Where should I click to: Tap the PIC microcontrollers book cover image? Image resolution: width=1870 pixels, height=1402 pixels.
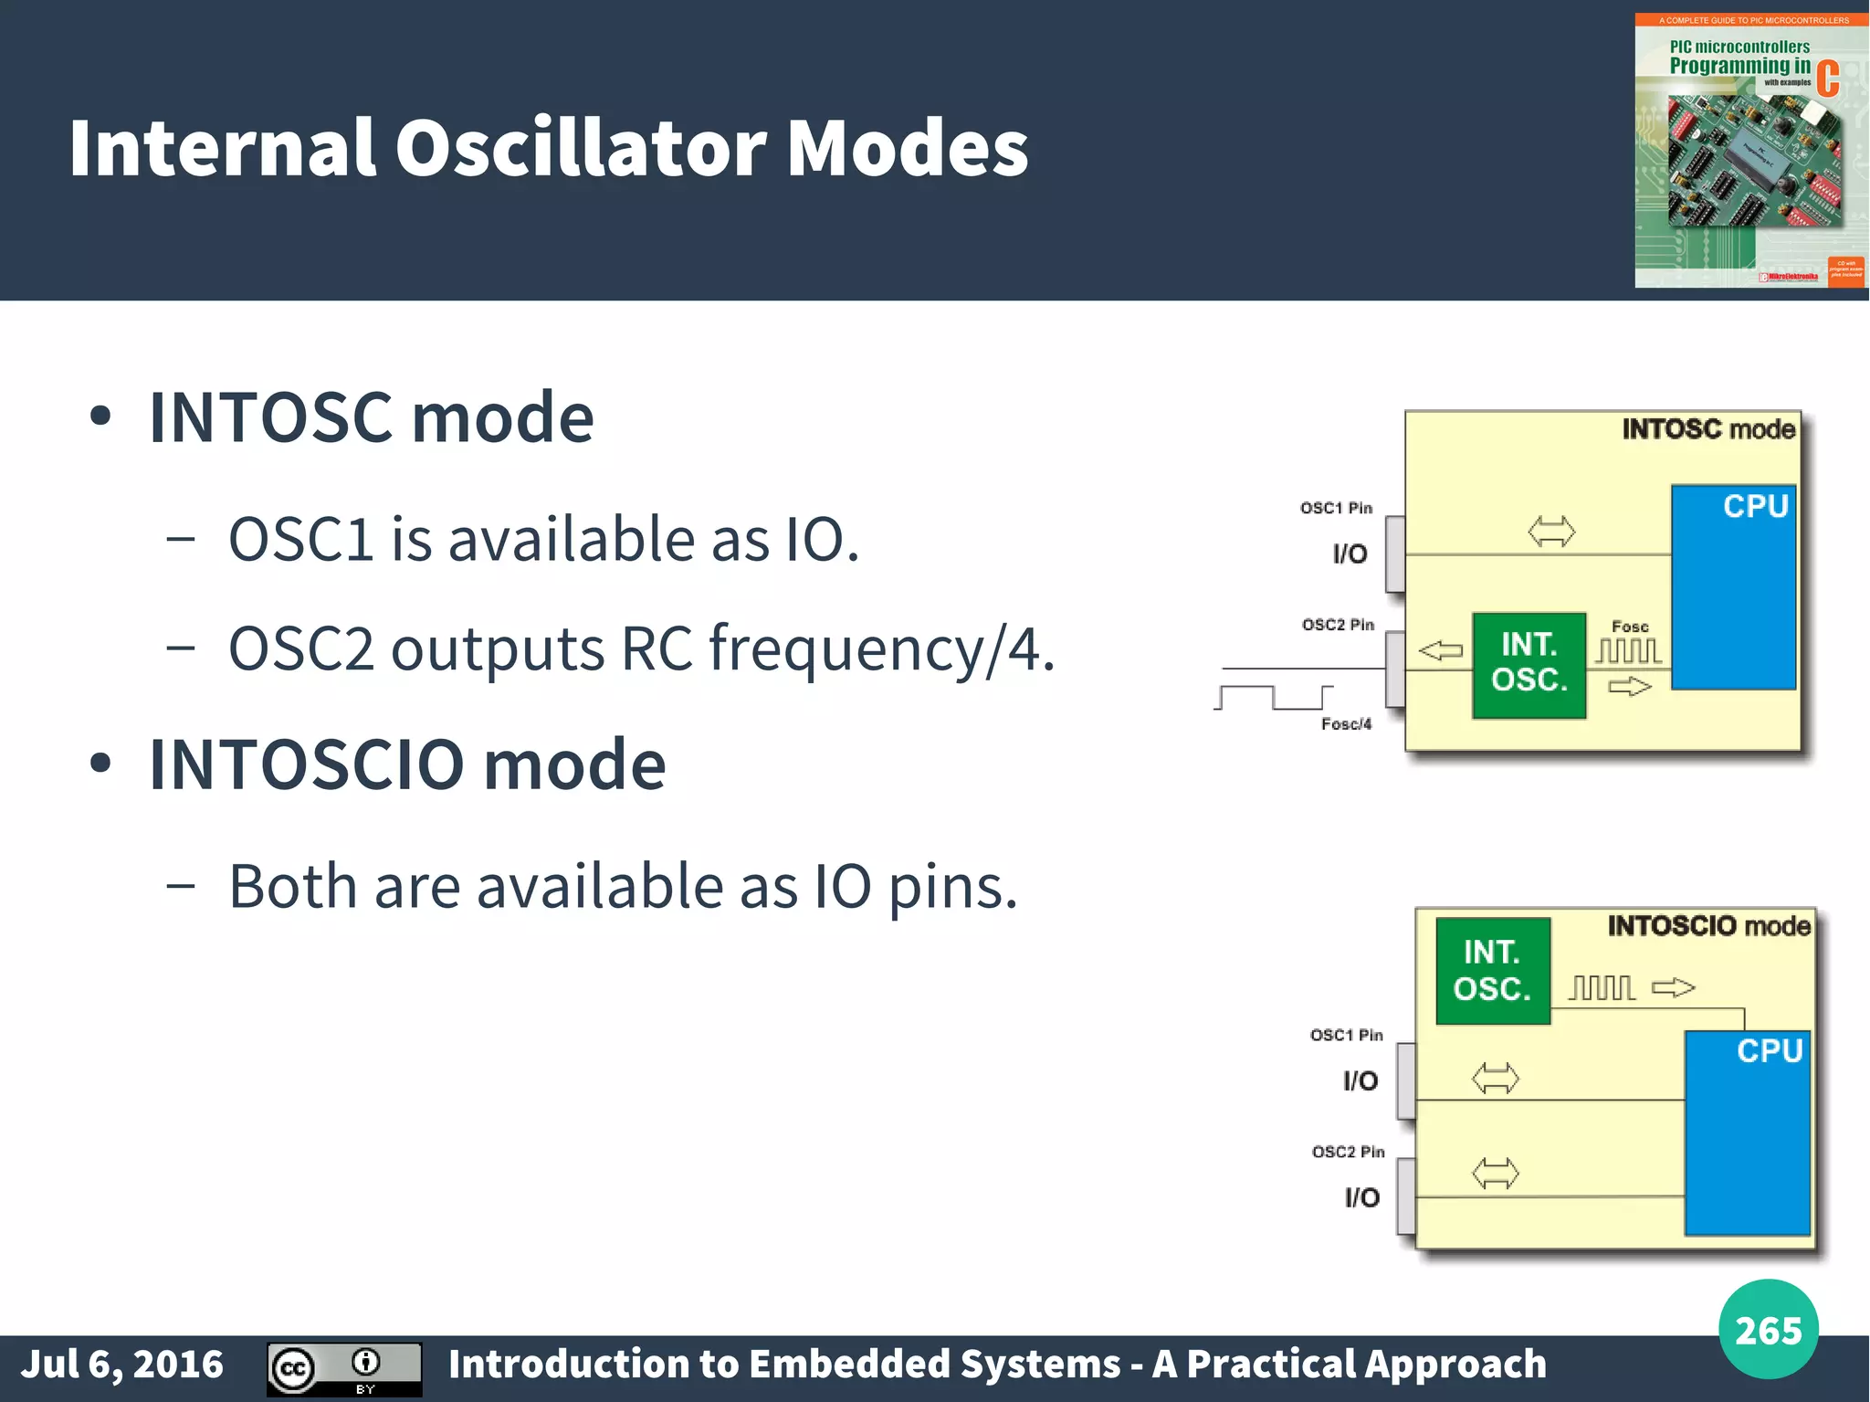click(x=1749, y=151)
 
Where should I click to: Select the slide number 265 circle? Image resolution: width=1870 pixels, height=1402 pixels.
click(x=1768, y=1330)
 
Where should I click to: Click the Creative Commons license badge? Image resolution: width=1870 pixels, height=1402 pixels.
click(x=344, y=1368)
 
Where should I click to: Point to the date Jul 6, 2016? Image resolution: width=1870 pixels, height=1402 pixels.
click(x=122, y=1365)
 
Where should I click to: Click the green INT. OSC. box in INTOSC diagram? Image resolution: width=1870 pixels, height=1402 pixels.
click(x=1529, y=665)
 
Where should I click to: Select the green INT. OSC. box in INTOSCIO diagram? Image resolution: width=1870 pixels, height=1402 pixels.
click(x=1492, y=971)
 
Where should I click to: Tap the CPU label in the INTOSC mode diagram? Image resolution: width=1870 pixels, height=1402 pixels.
click(x=1755, y=506)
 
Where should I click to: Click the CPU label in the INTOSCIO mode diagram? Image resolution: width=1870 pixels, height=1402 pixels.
click(x=1769, y=1051)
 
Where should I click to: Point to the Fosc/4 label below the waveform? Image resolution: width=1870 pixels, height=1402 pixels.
click(x=1346, y=724)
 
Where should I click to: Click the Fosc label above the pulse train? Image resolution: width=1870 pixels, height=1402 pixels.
click(x=1630, y=627)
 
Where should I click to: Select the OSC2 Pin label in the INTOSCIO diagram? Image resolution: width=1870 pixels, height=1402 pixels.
click(x=1348, y=1152)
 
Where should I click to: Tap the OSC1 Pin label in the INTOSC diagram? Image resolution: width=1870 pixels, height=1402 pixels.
click(x=1336, y=508)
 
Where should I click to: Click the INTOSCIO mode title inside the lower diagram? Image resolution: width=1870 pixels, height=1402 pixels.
click(x=1708, y=926)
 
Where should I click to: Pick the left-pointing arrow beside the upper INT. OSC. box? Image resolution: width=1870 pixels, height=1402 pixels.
click(x=1441, y=651)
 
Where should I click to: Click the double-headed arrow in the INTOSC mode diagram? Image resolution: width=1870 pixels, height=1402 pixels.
click(x=1551, y=531)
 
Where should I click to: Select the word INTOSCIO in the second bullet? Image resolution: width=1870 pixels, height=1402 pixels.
click(x=307, y=764)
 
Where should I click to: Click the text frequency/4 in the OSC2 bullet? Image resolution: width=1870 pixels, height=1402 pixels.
click(x=881, y=649)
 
